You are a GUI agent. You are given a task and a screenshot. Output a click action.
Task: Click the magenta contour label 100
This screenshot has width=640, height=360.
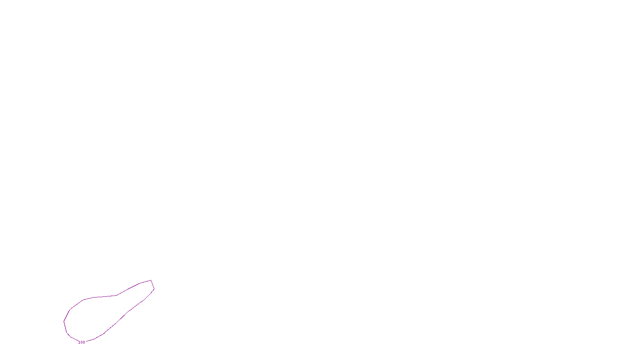pyautogui.click(x=82, y=342)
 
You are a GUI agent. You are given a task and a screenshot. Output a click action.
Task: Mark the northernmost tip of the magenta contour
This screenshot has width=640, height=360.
pyautogui.click(x=151, y=280)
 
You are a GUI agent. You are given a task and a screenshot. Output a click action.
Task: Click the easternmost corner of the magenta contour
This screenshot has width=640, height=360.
pyautogui.click(x=154, y=289)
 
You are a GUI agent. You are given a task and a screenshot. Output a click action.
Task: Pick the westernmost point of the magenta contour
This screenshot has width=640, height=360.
pyautogui.click(x=64, y=321)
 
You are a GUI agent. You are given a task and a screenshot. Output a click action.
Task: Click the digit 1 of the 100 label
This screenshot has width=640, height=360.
pyautogui.click(x=80, y=342)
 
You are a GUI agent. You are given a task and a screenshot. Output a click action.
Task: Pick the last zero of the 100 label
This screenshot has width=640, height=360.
pyautogui.click(x=84, y=342)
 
